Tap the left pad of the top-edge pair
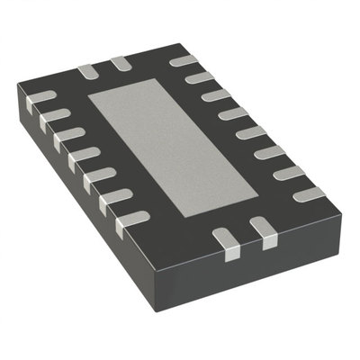click(87, 70)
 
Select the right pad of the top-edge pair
click(120, 63)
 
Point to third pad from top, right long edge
click(216, 95)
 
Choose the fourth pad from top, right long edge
click(233, 113)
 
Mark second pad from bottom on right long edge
click(290, 173)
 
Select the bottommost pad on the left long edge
click(133, 217)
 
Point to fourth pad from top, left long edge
click(82, 153)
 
